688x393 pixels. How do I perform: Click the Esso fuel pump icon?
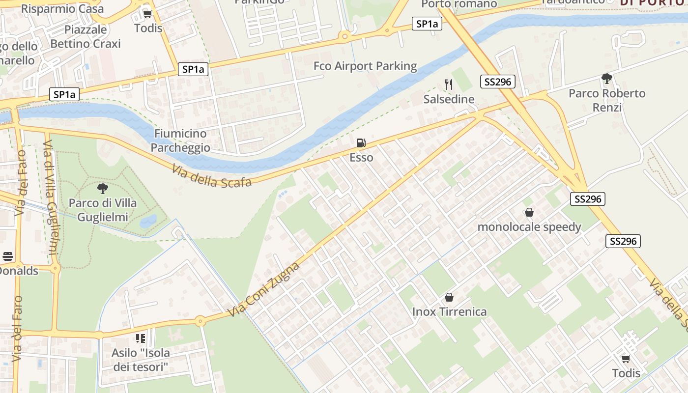(361, 143)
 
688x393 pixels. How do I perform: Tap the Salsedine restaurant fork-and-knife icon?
(448, 84)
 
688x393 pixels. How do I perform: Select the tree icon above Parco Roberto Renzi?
(607, 78)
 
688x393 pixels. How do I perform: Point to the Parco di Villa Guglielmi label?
(103, 210)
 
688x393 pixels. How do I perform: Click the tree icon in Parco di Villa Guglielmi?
(103, 188)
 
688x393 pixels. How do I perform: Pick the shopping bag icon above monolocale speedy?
(529, 212)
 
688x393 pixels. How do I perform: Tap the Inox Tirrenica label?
(449, 311)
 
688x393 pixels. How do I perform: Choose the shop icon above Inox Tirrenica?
(449, 297)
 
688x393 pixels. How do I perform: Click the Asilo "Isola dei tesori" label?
(141, 360)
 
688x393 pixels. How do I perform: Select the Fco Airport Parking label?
(365, 66)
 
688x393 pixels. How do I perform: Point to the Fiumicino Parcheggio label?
(180, 140)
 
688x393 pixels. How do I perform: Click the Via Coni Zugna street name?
(264, 289)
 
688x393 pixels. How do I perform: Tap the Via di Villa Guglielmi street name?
(51, 196)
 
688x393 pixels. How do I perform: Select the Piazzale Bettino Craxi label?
(86, 36)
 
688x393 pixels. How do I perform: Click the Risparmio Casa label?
(63, 8)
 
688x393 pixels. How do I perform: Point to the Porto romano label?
(459, 4)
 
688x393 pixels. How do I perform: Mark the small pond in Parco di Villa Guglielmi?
(148, 222)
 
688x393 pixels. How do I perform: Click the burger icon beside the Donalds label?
(8, 256)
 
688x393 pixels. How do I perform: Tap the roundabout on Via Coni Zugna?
(200, 321)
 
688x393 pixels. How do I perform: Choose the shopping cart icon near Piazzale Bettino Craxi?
(147, 14)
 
